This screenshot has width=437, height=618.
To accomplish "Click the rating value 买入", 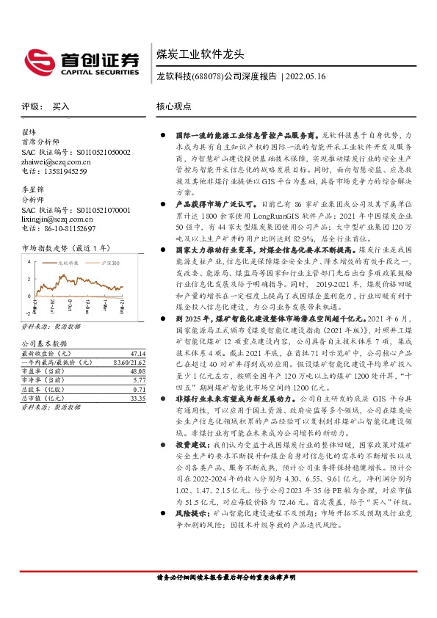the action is click(61, 106).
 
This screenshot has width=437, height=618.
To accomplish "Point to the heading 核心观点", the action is click(174, 106).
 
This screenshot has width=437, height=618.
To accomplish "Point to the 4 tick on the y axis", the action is click(28, 261).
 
